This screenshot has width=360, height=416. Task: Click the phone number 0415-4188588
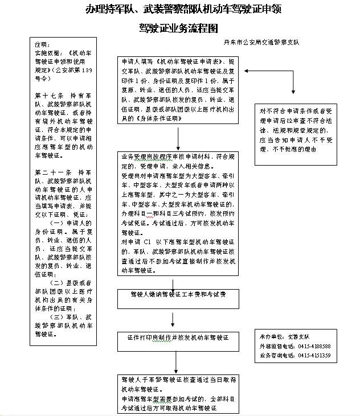311,345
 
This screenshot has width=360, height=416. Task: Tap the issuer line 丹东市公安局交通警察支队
261,43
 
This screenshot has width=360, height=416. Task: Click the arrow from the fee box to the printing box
173,318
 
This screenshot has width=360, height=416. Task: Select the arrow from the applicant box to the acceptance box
179,139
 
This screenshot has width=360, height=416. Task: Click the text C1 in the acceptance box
147,241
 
